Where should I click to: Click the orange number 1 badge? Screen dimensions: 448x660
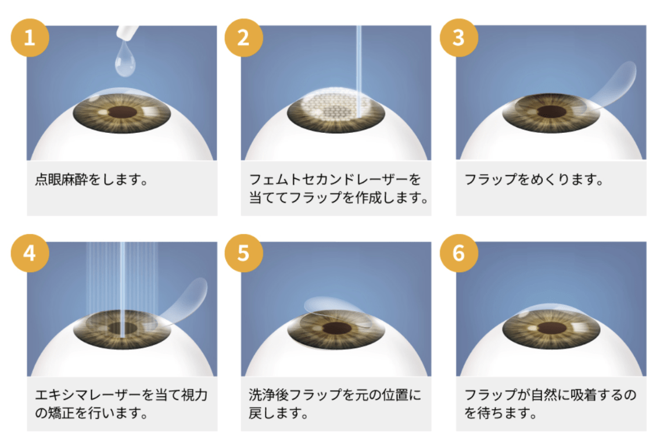tap(30, 38)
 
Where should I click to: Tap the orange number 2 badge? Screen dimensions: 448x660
tap(243, 38)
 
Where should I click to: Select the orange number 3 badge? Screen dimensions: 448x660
tap(458, 38)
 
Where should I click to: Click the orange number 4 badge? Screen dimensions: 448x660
tap(30, 254)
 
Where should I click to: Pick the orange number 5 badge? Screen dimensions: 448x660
tap(243, 254)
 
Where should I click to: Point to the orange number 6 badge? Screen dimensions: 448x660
tap(458, 254)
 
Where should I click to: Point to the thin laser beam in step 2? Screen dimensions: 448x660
tap(358, 58)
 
